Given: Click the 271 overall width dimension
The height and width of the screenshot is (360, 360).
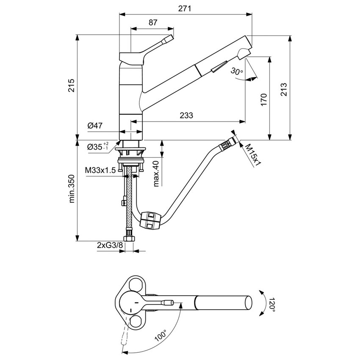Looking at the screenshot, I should coord(184,8).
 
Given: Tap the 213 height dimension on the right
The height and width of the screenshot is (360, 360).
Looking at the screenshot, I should coord(284,89).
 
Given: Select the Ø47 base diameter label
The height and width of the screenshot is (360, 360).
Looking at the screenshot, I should coord(96,125).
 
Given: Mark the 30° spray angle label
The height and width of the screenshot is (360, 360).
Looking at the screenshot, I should coord(237,71).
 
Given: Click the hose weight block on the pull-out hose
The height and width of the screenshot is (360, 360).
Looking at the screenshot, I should coord(150,221).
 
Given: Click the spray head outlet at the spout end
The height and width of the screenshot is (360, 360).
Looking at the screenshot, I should coord(244,53).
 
